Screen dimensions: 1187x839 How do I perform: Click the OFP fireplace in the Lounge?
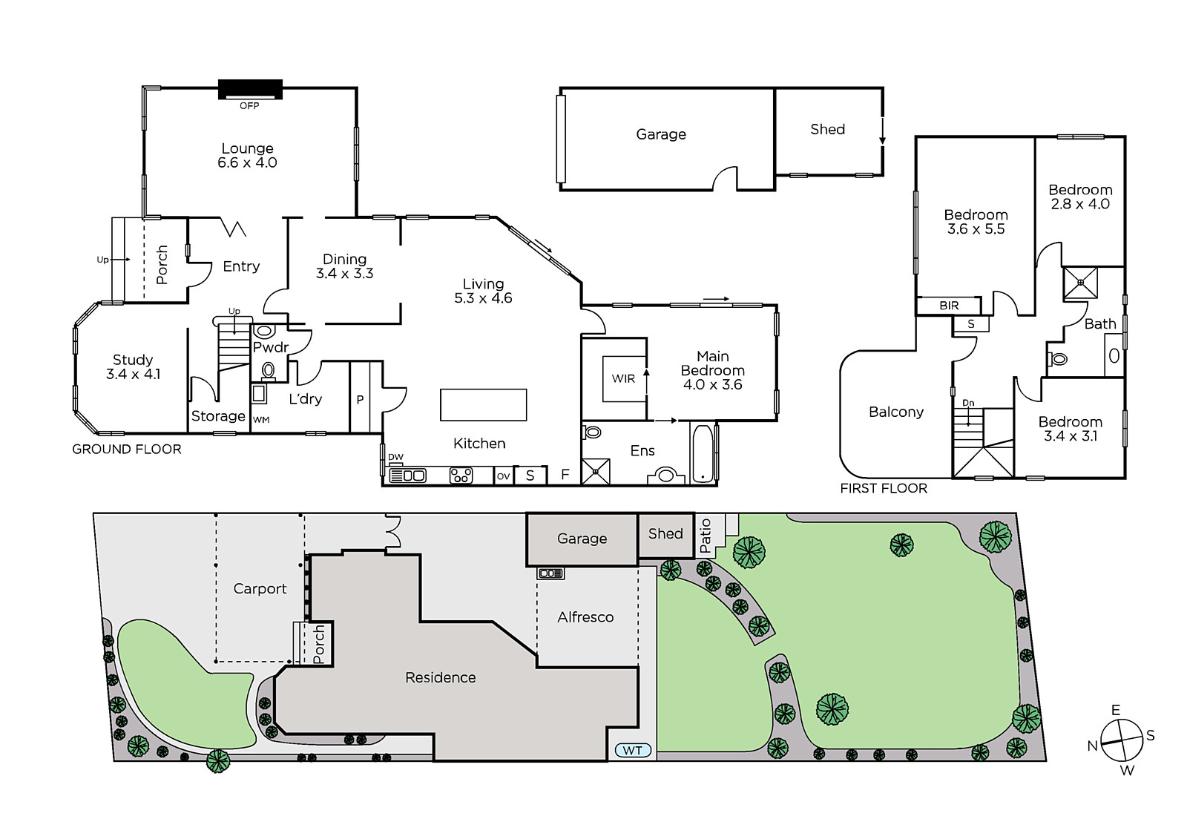point(250,89)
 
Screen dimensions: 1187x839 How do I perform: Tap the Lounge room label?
point(248,148)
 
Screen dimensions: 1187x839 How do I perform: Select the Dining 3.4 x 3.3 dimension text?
point(344,274)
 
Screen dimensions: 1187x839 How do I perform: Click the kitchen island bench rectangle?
point(483,405)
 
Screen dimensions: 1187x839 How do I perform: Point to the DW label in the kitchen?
point(396,457)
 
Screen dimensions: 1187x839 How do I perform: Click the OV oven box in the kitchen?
point(503,476)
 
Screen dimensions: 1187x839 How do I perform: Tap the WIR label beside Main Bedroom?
point(623,378)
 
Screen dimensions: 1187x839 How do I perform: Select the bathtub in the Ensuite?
point(703,454)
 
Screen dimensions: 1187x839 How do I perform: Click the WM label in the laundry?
point(261,420)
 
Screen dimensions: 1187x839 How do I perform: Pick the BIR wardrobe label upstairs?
point(949,306)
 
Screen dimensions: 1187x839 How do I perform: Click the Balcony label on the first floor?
point(896,412)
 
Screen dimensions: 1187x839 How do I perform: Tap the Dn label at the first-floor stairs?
point(968,403)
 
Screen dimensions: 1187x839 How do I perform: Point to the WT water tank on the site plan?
point(633,751)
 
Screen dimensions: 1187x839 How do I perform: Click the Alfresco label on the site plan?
point(585,617)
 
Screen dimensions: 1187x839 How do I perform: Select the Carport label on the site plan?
point(260,589)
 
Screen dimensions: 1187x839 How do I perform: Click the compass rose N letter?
point(1092,746)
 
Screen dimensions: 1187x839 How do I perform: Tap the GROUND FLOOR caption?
point(127,450)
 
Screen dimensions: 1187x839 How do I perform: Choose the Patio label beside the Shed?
point(706,536)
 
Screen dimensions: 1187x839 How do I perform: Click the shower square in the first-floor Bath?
point(1080,283)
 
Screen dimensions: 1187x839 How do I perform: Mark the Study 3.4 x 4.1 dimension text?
point(133,374)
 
